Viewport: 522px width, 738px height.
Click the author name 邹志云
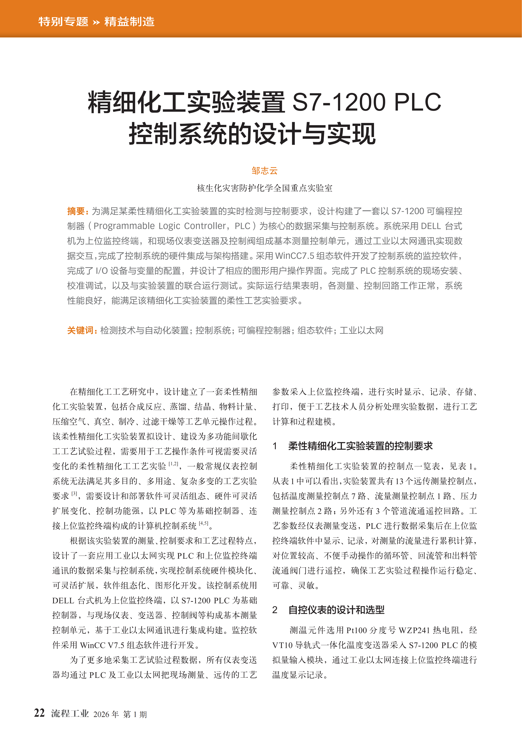click(x=264, y=171)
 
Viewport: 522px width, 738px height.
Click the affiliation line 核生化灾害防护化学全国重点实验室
click(x=264, y=188)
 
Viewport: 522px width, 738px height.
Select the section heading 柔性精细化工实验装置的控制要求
click(x=360, y=446)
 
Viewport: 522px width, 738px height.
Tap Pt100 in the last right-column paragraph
click(x=356, y=630)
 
